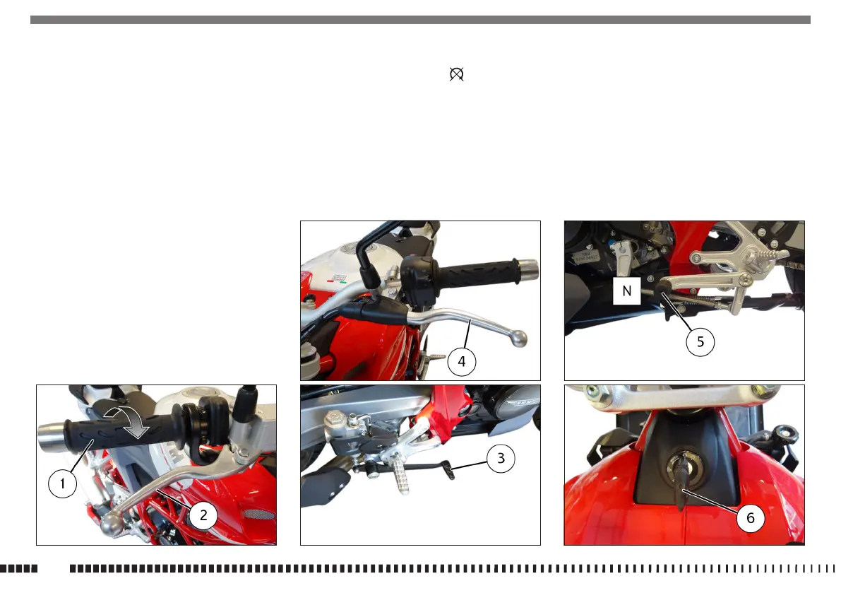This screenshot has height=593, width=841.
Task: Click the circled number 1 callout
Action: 62,483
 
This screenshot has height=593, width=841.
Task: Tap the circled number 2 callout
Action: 203,515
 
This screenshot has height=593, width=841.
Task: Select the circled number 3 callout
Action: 501,458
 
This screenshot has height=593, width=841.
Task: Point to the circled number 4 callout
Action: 462,362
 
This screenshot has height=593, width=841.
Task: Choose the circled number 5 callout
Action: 700,342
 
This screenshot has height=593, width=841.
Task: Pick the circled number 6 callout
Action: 751,518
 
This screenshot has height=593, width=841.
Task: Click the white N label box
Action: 626,291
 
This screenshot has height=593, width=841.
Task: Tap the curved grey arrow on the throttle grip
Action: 129,421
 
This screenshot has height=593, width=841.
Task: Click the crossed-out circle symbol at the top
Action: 456,74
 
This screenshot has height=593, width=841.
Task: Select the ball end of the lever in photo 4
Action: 519,339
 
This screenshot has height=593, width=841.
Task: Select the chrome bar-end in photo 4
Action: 527,270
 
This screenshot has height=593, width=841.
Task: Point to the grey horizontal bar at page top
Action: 421,20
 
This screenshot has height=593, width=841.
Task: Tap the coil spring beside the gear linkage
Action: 702,303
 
